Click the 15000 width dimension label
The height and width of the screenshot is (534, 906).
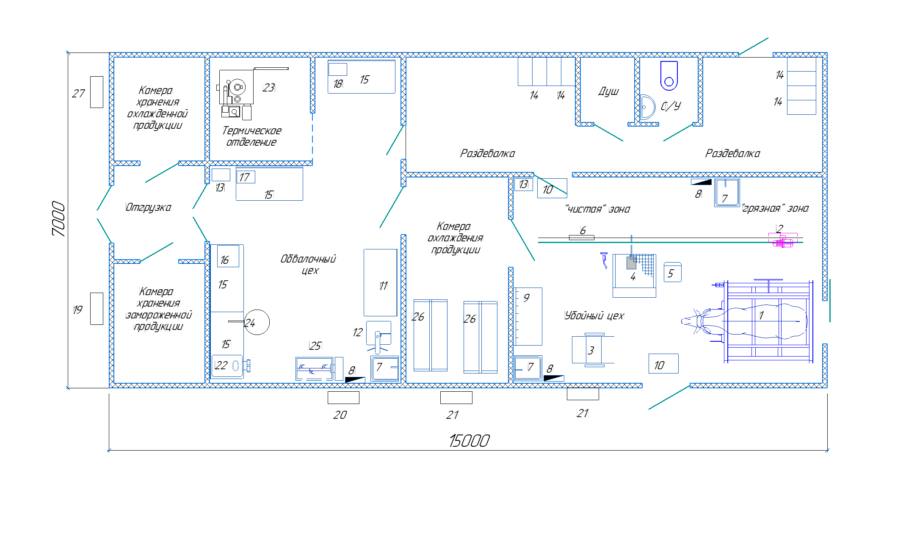pyautogui.click(x=469, y=441)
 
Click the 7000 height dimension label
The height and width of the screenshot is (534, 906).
pyautogui.click(x=58, y=219)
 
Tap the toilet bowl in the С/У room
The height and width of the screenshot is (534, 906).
pyautogui.click(x=669, y=76)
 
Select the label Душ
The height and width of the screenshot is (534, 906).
pyautogui.click(x=608, y=91)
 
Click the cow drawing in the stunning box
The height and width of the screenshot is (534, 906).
pyautogui.click(x=745, y=322)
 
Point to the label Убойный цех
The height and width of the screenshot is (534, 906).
pyautogui.click(x=594, y=315)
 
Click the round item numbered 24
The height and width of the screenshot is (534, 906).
pyautogui.click(x=257, y=322)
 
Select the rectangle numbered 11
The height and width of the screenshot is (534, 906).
pyautogui.click(x=380, y=282)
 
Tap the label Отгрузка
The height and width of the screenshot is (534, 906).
pyautogui.click(x=149, y=207)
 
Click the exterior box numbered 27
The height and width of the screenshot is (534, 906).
pyautogui.click(x=97, y=92)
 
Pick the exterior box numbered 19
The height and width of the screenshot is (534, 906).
pyautogui.click(x=97, y=309)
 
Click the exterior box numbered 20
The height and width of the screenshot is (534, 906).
pyautogui.click(x=343, y=398)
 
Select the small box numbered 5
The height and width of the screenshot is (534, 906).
pyautogui.click(x=672, y=272)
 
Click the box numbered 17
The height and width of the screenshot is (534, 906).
pyautogui.click(x=246, y=177)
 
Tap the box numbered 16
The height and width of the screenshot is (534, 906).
pyautogui.click(x=228, y=256)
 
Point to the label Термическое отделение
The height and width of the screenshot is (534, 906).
pyautogui.click(x=251, y=136)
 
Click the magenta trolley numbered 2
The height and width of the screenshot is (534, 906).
pyautogui.click(x=783, y=240)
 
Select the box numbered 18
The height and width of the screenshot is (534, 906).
pyautogui.click(x=337, y=69)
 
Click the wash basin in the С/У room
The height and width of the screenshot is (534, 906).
pyautogui.click(x=647, y=107)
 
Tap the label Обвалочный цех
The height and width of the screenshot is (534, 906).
pyautogui.click(x=308, y=264)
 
